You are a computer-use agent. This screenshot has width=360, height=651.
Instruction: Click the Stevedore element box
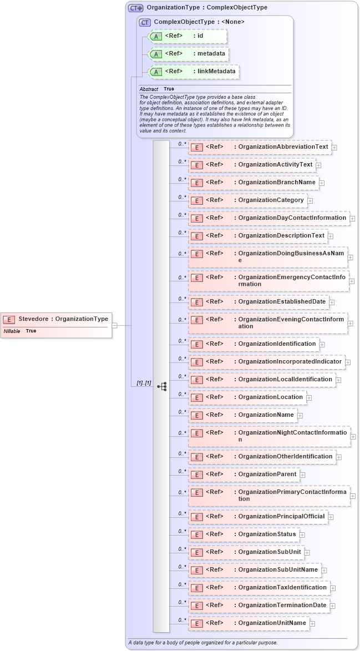(55, 319)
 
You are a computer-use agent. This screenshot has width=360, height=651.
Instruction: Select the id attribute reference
(188, 36)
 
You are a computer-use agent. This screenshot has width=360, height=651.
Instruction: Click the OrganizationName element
(242, 415)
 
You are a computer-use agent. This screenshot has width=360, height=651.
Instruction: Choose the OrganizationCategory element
(247, 200)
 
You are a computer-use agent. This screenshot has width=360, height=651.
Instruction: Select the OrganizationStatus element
(244, 534)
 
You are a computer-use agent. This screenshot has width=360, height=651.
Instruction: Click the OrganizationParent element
(244, 475)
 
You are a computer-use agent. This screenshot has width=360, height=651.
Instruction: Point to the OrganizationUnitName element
(249, 623)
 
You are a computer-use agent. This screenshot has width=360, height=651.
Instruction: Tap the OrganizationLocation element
(247, 397)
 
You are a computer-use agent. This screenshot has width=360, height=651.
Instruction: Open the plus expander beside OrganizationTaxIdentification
(333, 588)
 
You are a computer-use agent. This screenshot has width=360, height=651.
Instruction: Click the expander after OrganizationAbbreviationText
(334, 148)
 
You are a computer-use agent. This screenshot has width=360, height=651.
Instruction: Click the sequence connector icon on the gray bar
(161, 386)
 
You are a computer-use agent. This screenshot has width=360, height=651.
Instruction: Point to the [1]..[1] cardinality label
(144, 383)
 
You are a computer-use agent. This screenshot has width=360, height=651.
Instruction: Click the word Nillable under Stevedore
(12, 331)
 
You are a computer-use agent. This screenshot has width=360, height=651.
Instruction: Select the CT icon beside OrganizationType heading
(135, 8)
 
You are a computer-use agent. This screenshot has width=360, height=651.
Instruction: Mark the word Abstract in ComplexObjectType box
(148, 89)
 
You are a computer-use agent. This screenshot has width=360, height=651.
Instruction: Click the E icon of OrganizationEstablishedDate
(195, 302)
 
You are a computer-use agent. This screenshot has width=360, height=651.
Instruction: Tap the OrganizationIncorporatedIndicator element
(266, 361)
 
